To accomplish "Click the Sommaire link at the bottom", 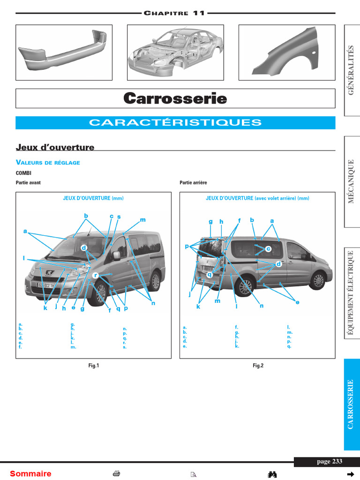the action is point(30,473).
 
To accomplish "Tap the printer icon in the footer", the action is point(116,473).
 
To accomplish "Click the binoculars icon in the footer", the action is point(272,474).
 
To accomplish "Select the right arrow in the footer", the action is point(350,474).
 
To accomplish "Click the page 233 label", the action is point(330,461).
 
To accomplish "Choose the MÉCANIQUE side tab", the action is point(351,181).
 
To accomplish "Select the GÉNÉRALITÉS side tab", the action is point(351,70).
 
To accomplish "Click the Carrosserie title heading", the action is point(175,98).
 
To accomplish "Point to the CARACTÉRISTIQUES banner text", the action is point(175,122).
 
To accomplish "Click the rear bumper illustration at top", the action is point(64,51).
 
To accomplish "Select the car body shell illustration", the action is point(175,52).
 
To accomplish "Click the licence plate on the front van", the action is point(45,285).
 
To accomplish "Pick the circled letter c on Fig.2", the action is point(268,249).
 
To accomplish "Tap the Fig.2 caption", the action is point(258,366).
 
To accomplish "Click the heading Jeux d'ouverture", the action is point(55,147).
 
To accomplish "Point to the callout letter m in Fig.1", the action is point(142,220).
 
